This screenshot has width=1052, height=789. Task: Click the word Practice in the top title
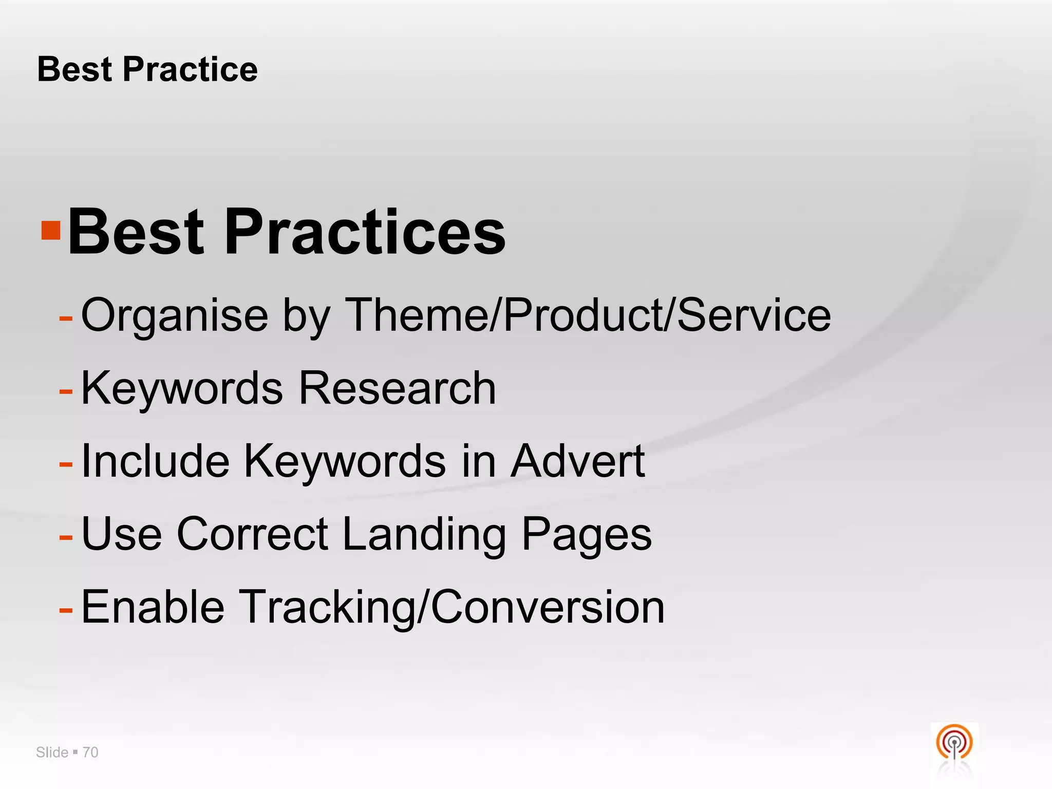190,69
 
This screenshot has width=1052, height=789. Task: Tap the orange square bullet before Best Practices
51,231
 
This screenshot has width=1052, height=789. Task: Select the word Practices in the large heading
365,232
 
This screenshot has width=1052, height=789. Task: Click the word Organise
175,315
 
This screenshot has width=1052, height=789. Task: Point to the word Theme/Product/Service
588,314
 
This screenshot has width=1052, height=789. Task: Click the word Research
397,388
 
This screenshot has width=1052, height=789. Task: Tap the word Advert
578,461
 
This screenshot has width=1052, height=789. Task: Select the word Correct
252,534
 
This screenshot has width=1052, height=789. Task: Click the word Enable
153,607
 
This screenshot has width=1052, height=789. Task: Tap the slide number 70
90,753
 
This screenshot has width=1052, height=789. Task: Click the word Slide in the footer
52,753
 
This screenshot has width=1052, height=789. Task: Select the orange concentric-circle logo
954,743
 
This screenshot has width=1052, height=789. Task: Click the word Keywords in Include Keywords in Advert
345,461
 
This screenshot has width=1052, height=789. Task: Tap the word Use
122,534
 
